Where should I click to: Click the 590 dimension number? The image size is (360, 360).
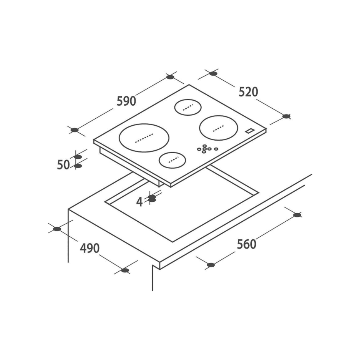pos(126,101)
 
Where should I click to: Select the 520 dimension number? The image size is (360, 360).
pos(248,92)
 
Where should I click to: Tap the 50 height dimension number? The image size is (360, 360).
pos(63,165)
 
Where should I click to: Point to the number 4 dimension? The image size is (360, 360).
pos(139,201)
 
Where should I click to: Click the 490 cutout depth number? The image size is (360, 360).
pos(90,248)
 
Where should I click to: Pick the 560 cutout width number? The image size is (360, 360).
pos(246,244)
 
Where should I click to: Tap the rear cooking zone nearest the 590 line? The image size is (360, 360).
pos(188,107)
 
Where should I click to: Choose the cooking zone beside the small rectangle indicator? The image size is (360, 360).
pos(217,128)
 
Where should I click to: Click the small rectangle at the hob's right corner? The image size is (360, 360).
pos(250,130)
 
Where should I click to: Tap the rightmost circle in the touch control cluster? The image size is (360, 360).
pos(216,149)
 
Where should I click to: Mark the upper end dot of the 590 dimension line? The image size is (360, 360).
pos(170,77)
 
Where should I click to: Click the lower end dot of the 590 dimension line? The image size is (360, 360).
pos(75,130)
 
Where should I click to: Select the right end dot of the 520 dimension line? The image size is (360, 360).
pos(286,116)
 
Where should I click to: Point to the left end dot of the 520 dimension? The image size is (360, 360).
pos(214,73)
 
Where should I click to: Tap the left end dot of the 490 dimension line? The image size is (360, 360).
pos(57,229)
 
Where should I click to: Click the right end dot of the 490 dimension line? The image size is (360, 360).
pos(124,270)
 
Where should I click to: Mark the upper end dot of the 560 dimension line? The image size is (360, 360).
pos(297,215)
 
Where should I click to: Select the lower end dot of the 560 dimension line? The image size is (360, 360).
pos(210,265)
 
